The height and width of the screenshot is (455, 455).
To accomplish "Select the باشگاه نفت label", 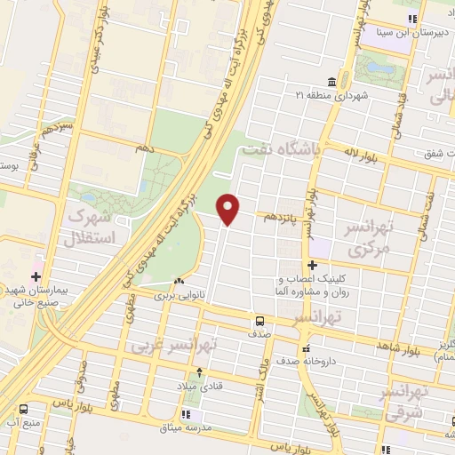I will tap(285, 150).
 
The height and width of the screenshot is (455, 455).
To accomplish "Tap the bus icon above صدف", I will tap(259, 320).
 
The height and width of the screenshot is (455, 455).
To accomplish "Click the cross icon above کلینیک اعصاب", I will tap(312, 265).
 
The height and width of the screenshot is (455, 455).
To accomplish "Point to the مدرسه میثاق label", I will tap(185, 428).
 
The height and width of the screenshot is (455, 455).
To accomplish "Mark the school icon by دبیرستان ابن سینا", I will tap(411, 19).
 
